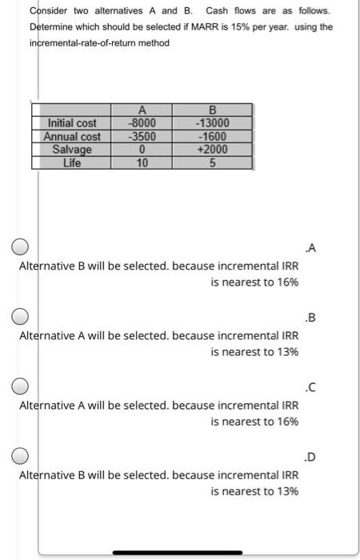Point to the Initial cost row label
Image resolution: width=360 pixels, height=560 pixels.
click(x=72, y=123)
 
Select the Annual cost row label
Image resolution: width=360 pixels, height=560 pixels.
click(x=72, y=136)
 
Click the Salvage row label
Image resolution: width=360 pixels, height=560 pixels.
click(x=72, y=149)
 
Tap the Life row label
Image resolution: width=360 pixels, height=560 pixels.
click(x=72, y=162)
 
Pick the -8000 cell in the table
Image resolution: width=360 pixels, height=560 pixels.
click(x=142, y=123)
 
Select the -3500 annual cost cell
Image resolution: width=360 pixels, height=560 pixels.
click(x=142, y=136)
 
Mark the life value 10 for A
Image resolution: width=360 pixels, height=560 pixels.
click(x=142, y=162)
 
